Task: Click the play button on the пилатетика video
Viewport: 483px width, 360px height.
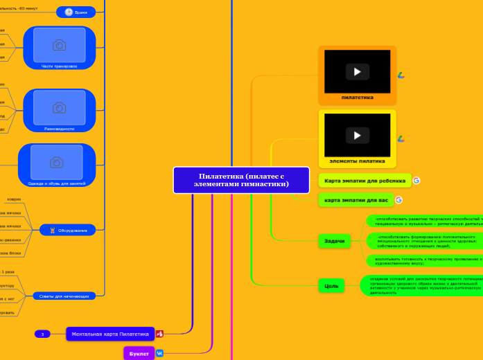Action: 357,71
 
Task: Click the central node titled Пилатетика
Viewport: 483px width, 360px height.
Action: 241,180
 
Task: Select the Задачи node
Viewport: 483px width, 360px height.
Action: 334,241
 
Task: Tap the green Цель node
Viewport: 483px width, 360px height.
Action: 331,285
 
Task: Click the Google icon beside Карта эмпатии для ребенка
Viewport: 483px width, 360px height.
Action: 416,181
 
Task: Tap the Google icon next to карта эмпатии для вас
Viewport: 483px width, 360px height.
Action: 398,200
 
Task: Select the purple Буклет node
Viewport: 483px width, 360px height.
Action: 139,354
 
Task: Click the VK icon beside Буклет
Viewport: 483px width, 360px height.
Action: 159,354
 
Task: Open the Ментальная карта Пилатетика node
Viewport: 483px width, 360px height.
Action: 111,334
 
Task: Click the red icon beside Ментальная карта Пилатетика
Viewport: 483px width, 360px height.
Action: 159,334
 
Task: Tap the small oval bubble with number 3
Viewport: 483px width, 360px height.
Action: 42,334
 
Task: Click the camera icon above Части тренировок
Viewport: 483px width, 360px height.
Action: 60,45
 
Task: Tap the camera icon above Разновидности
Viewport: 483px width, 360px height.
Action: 60,107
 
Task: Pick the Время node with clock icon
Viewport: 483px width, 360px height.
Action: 77,12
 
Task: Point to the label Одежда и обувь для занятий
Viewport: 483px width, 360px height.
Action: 57,183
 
